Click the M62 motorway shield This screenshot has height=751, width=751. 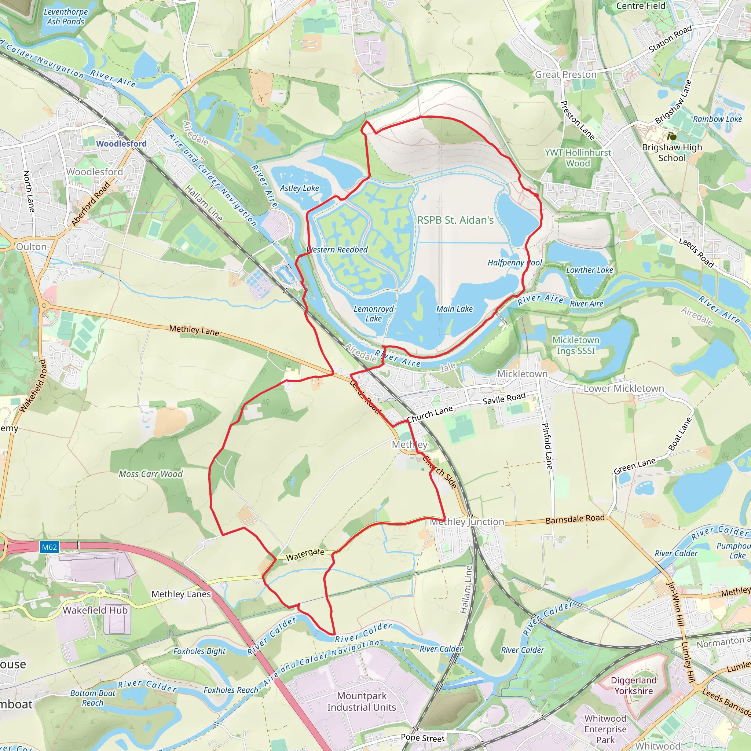(50, 547)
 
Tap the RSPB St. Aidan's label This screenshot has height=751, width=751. (455, 220)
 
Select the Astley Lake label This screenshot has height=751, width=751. (299, 188)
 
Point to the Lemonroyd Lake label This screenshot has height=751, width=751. (374, 314)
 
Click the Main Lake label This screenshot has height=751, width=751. (454, 309)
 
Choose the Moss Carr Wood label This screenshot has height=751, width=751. (151, 474)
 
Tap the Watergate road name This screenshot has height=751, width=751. (305, 554)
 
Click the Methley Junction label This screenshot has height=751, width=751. (467, 522)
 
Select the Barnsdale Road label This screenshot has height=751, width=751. (575, 519)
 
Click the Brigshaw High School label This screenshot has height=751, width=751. (672, 153)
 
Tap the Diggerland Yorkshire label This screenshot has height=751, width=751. (634, 685)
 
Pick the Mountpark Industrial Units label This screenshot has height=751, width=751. (362, 701)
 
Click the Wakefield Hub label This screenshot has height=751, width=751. (95, 610)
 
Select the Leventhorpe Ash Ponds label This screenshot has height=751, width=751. (66, 17)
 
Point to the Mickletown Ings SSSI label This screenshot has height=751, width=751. (576, 345)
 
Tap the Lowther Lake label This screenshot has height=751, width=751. (589, 270)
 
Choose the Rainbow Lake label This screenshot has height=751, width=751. (718, 119)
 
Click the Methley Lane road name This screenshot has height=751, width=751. (194, 330)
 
